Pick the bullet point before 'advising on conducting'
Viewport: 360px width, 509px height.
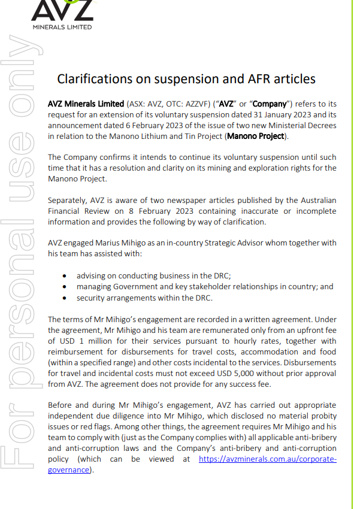[x=65, y=276]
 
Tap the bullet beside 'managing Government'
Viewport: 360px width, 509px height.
[x=65, y=287]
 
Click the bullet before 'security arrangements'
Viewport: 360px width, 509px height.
[x=65, y=298]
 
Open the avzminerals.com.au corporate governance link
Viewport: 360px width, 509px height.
[x=267, y=459]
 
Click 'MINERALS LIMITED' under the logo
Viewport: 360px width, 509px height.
[x=62, y=27]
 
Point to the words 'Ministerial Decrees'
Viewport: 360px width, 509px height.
[x=300, y=125]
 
